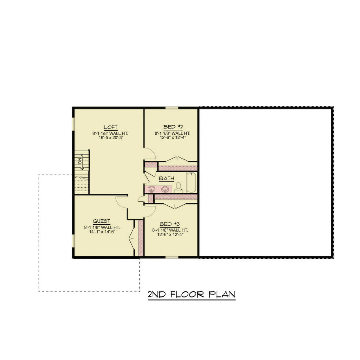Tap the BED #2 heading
click(x=172, y=127)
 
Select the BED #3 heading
click(x=170, y=224)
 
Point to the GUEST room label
click(x=102, y=221)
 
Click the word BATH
click(x=166, y=179)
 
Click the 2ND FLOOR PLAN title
click(x=191, y=295)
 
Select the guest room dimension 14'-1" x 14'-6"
click(x=100, y=232)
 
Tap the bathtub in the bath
click(x=191, y=182)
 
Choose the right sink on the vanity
click(x=165, y=189)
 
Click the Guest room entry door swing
click(x=122, y=202)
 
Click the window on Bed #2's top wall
click(x=172, y=108)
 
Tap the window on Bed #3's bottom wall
click(x=172, y=257)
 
